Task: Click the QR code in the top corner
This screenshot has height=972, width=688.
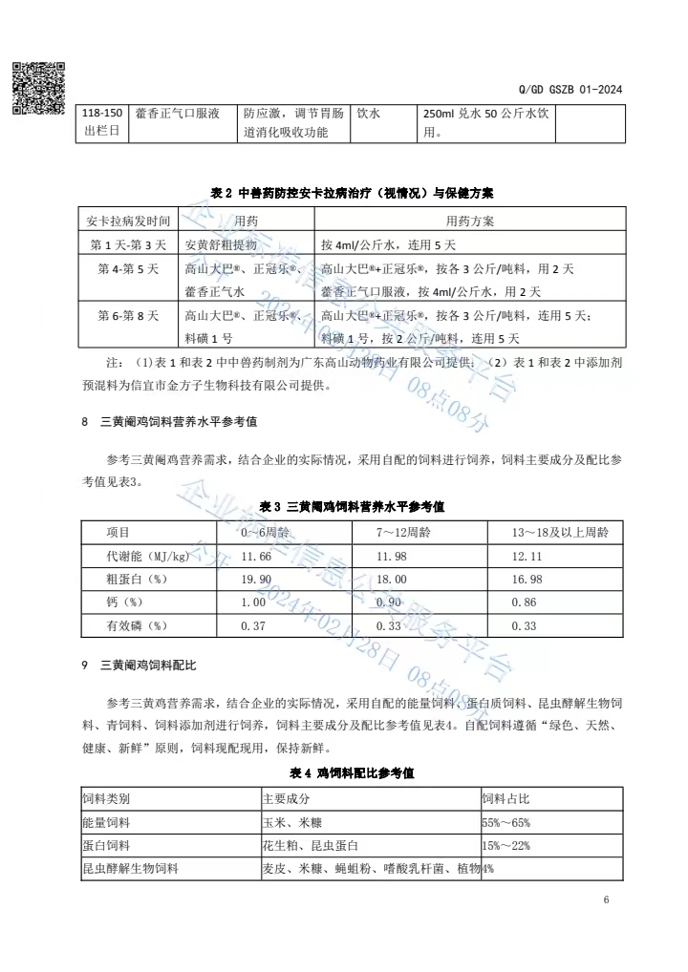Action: point(39,88)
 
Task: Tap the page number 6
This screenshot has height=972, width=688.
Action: point(606,899)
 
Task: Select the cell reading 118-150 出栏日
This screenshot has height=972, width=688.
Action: point(102,122)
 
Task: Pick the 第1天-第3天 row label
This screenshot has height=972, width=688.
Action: point(127,244)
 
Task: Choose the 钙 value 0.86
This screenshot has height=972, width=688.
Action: point(525,602)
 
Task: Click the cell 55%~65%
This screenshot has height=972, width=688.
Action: point(506,821)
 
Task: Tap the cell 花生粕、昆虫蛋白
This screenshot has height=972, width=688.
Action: point(311,845)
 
